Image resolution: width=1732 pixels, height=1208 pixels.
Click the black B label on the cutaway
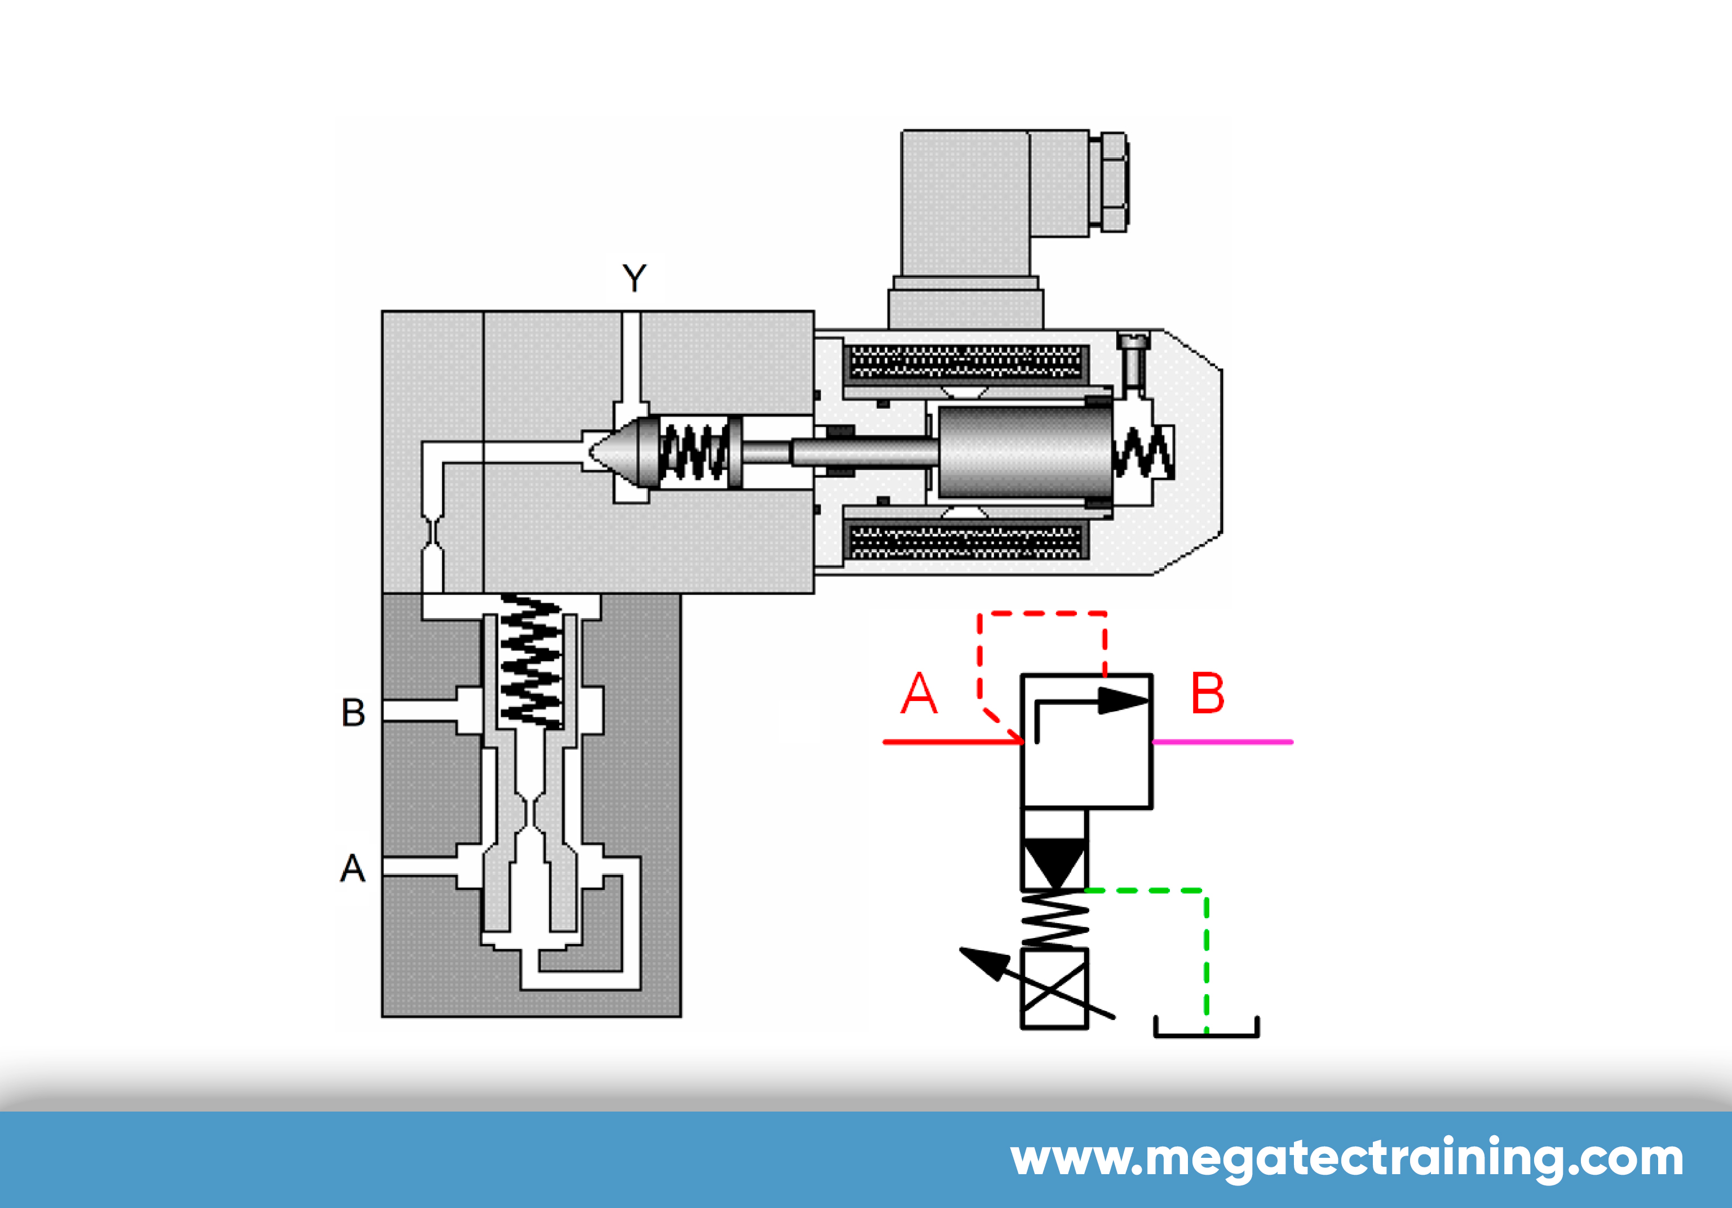(x=353, y=712)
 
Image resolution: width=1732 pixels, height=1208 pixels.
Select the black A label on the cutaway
(x=352, y=868)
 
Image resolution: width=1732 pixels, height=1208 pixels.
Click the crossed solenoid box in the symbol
(x=1054, y=989)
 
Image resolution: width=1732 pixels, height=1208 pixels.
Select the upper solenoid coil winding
(x=966, y=362)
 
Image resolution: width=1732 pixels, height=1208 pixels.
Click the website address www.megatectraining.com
(x=1346, y=1158)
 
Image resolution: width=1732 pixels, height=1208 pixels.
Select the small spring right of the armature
(x=1143, y=453)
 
